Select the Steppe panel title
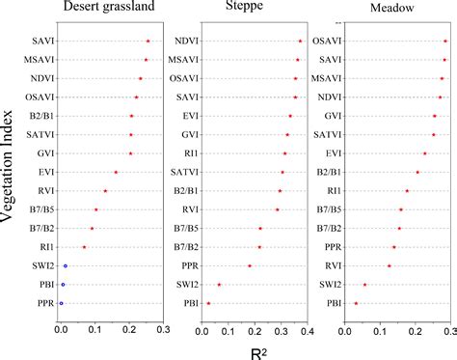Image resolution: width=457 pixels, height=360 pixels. pos(254,9)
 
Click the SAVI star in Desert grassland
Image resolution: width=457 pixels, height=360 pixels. pos(148,42)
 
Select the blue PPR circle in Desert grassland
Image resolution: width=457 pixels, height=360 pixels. pos(62,303)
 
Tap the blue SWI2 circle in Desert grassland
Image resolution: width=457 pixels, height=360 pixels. pos(66,265)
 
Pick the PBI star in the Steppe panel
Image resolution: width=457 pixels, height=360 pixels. pos(208,303)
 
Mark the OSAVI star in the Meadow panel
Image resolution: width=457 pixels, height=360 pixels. pos(445,42)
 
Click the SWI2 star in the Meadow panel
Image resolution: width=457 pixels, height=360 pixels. pos(364,284)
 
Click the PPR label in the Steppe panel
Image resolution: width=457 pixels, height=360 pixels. pos(185,265)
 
